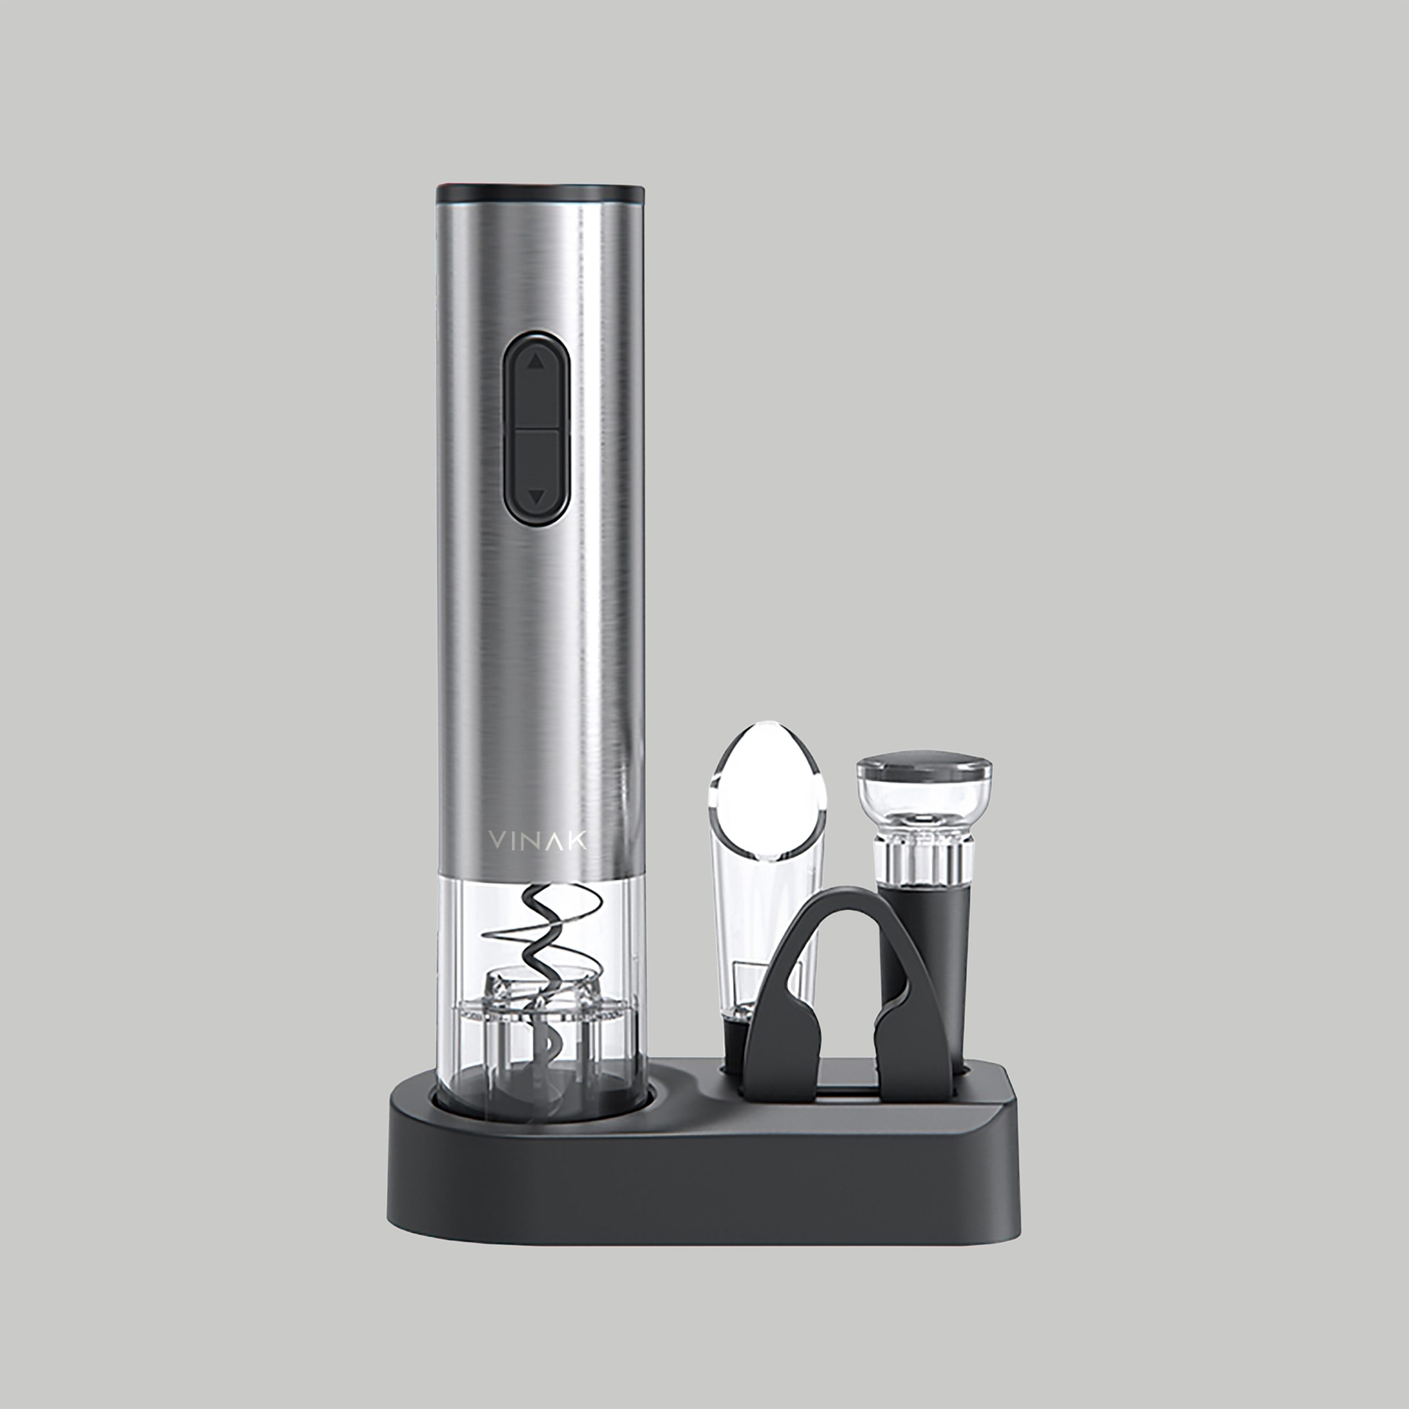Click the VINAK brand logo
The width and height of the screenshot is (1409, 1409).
coord(538,840)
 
